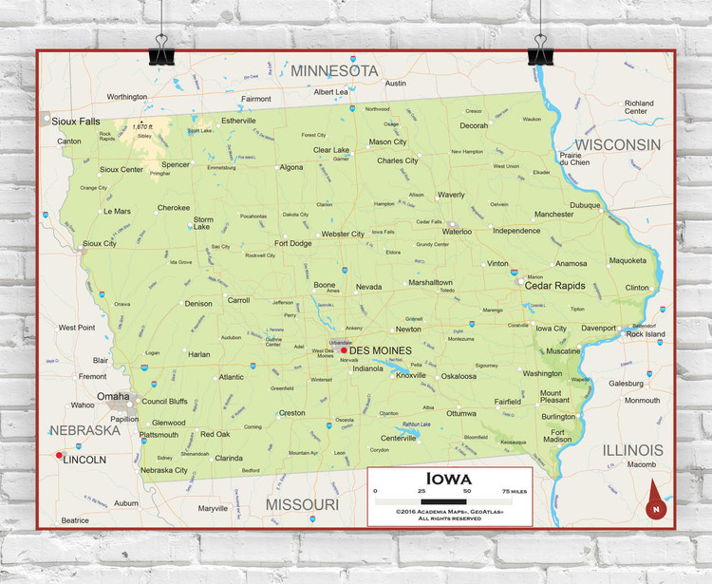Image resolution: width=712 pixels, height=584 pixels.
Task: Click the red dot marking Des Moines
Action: coord(344,350)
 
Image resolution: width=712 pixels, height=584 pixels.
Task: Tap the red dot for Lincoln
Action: coord(59,456)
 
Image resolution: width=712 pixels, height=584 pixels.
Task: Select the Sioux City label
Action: coord(100,244)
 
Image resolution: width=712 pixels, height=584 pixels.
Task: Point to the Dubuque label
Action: coord(585,205)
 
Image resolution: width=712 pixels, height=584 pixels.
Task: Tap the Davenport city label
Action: coord(599,329)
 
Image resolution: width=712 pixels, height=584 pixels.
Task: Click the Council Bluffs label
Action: coord(164,401)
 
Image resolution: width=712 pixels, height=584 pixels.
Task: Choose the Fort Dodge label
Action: coord(293,243)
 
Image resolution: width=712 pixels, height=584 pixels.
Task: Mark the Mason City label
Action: coord(387,142)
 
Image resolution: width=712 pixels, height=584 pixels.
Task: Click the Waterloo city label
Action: coord(457,231)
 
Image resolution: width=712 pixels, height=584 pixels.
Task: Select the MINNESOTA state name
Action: coord(334,71)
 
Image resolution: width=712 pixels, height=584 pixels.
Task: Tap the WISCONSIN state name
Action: coord(618,144)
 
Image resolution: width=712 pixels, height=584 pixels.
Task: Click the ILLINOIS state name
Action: coord(632,449)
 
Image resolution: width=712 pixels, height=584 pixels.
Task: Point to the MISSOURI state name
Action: coord(301,504)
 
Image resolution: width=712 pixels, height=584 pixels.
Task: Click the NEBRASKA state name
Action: coord(84,430)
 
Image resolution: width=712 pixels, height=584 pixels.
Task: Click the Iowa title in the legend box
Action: coord(449,478)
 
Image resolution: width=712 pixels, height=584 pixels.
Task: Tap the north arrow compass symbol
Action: coord(654,500)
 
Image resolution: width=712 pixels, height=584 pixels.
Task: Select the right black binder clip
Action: coord(541,47)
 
